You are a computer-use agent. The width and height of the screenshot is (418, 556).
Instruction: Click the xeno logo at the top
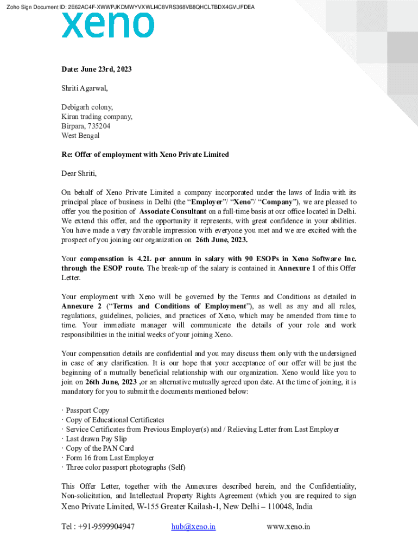pos(107,26)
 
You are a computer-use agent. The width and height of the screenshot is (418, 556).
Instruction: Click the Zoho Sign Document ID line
pos(129,7)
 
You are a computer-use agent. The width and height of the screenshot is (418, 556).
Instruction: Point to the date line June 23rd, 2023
pos(97,69)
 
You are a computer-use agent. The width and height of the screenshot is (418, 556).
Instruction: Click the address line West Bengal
pos(80,136)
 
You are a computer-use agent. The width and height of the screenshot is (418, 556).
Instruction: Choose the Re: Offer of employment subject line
pos(145,155)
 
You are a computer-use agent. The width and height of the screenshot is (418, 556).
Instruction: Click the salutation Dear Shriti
pos(79,174)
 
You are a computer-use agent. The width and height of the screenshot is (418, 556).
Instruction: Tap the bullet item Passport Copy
pos(87,410)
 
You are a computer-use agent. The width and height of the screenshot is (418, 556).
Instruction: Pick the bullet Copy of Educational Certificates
pos(115,420)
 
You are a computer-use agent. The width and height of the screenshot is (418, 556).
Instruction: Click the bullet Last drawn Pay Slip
pos(96,439)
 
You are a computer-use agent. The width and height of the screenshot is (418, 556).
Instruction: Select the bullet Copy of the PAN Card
pos(99,448)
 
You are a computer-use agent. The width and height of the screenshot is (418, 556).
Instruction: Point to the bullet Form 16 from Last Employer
pos(110,458)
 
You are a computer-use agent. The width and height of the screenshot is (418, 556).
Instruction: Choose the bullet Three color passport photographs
pos(125,467)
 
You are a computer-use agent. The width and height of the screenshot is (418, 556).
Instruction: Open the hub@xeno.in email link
pos(193,527)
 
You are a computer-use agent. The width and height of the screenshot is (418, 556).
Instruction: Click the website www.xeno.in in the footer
pos(288,527)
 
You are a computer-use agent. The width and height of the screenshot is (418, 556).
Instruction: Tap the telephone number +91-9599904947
pos(107,527)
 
